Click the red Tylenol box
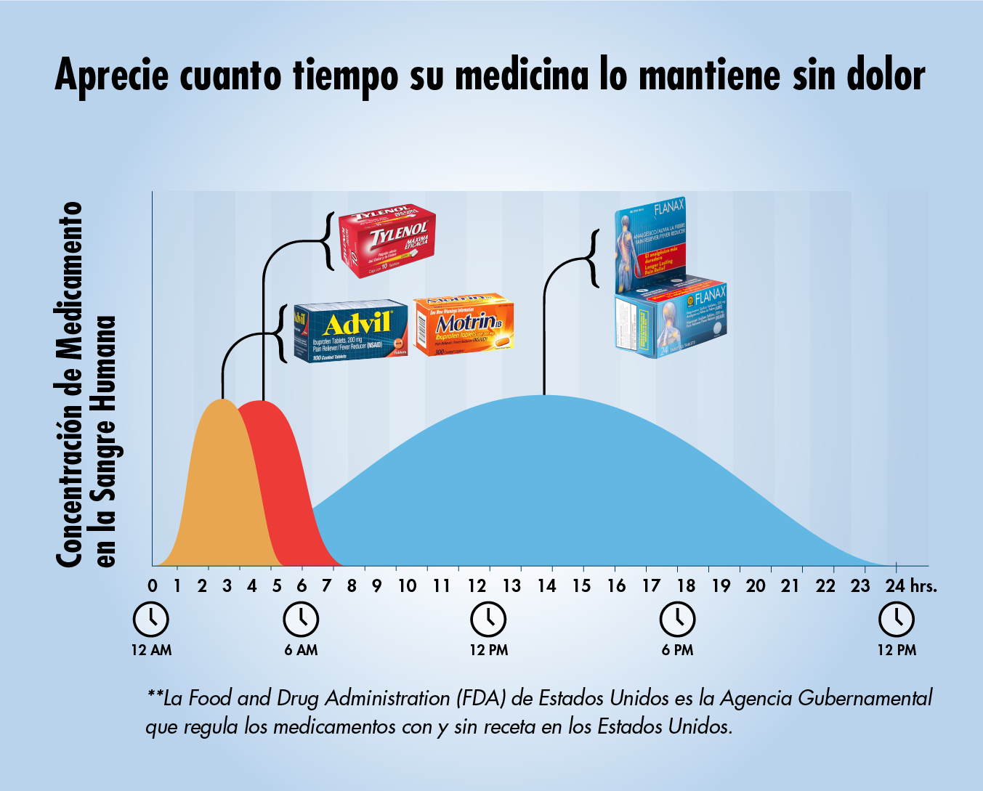(x=388, y=240)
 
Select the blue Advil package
(x=350, y=330)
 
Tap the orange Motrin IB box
(x=464, y=325)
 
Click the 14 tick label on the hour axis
(x=546, y=585)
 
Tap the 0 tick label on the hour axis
(x=153, y=585)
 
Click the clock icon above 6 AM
(x=301, y=620)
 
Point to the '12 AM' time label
(x=152, y=650)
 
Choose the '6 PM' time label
(x=677, y=650)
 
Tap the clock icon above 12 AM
(x=151, y=620)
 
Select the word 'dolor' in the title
(x=885, y=76)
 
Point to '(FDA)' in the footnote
(x=481, y=699)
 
